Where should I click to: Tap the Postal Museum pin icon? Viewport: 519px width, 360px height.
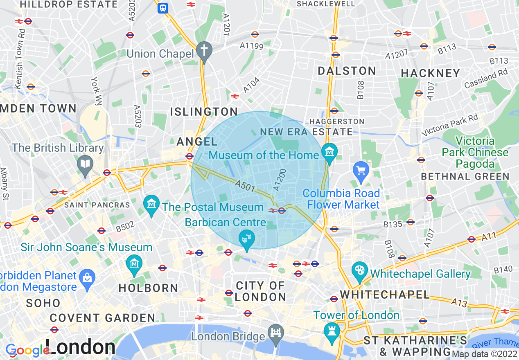tap(151, 203)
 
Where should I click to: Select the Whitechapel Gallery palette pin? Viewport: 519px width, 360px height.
tap(359, 271)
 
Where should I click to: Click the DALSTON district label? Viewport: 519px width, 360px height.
tap(347, 71)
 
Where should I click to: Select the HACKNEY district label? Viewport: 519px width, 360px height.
tap(431, 73)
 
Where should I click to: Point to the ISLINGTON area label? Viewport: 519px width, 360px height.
tap(204, 112)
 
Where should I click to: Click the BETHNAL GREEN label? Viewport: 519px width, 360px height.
tap(465, 177)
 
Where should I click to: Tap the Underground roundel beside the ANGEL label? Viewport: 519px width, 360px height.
tap(189, 156)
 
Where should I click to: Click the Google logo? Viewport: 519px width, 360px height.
tap(27, 351)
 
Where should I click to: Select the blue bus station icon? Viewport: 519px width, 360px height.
tap(163, 8)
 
